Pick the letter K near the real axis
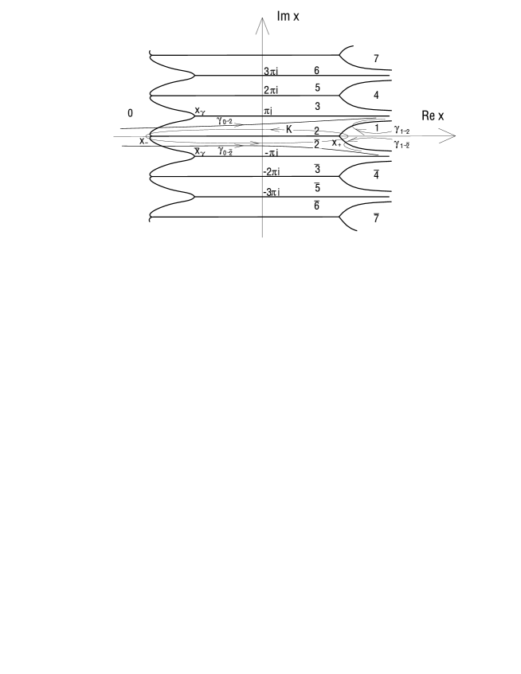click(290, 129)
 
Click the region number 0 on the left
click(130, 113)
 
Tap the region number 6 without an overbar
click(317, 71)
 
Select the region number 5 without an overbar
click(317, 88)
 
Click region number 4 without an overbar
click(376, 95)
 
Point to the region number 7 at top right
click(376, 58)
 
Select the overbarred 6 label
click(317, 206)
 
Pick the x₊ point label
click(337, 143)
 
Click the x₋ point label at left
click(143, 141)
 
